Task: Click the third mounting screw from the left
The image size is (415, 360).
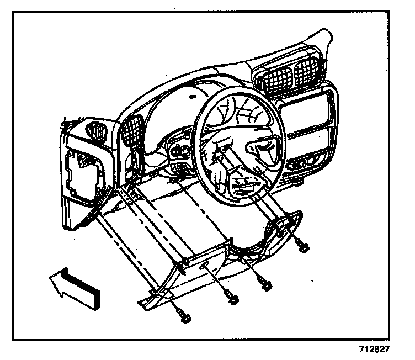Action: (266, 285)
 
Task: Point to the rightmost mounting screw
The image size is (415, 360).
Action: (303, 246)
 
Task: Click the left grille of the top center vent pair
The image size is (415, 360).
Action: (275, 81)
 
